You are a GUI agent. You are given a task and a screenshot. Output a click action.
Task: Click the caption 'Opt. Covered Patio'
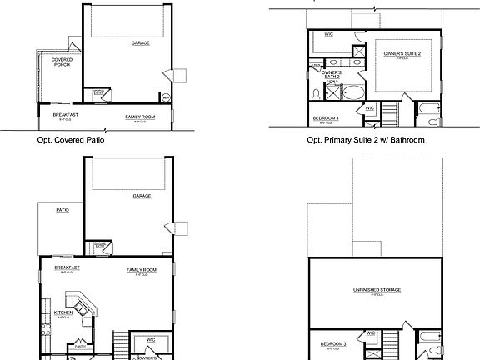pyautogui.click(x=75, y=140)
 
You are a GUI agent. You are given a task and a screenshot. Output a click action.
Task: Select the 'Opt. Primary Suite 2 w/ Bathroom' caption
pyautogui.click(x=367, y=140)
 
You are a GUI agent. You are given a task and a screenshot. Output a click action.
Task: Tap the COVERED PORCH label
pyautogui.click(x=61, y=62)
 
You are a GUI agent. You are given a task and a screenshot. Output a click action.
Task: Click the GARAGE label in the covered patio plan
pyautogui.click(x=141, y=42)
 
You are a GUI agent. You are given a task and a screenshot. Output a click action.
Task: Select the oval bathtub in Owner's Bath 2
pyautogui.click(x=353, y=92)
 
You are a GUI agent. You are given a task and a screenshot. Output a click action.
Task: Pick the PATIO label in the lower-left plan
pyautogui.click(x=62, y=210)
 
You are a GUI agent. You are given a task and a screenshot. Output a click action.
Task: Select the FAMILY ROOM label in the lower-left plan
pyautogui.click(x=142, y=270)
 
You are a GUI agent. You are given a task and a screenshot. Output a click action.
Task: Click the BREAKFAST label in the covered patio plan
pyautogui.click(x=65, y=115)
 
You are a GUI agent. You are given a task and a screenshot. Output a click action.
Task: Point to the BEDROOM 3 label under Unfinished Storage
pyautogui.click(x=332, y=342)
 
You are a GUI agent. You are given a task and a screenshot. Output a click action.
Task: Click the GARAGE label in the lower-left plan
pyautogui.click(x=142, y=197)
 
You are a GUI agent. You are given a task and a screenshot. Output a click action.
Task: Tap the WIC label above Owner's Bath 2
pyautogui.click(x=329, y=35)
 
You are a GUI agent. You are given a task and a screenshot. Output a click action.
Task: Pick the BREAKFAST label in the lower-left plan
pyautogui.click(x=67, y=267)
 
